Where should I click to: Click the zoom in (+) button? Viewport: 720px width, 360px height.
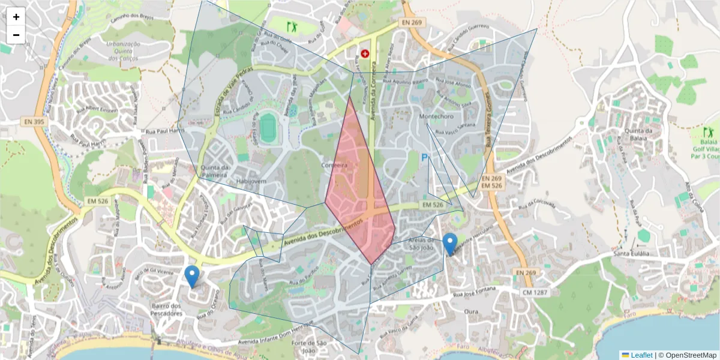(16, 17)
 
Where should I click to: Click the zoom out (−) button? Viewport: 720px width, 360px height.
(16, 35)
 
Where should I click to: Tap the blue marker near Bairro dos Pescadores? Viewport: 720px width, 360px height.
(192, 277)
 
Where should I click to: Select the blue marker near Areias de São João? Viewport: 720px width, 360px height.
(450, 244)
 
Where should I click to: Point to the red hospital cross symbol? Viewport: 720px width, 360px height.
(365, 54)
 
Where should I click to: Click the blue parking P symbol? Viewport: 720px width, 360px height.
(425, 158)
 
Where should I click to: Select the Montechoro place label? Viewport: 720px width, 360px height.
(436, 116)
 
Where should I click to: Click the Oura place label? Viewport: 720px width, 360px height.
(471, 311)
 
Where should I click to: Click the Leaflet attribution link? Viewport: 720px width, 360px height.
(641, 355)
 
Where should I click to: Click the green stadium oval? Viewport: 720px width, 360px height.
(268, 127)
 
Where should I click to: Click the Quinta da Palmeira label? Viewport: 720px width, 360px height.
(215, 171)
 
